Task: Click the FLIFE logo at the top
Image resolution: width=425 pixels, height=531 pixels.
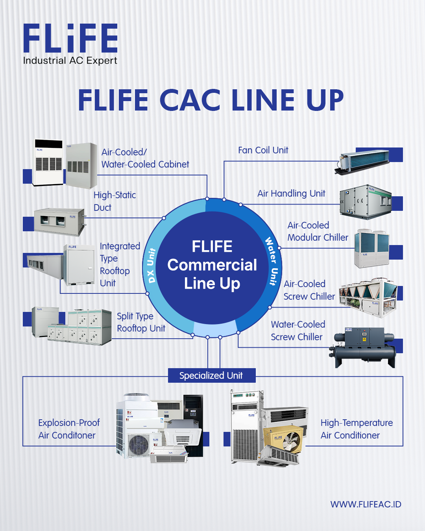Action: pos(70,38)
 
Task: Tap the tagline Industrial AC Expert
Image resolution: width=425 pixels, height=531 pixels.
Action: pos(70,61)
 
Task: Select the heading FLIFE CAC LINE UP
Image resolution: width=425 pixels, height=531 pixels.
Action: pos(211,100)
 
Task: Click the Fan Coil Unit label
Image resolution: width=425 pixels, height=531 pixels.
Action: pos(263,150)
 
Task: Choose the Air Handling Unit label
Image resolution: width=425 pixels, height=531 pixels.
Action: pos(291,194)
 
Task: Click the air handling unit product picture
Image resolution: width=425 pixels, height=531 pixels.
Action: pos(366,202)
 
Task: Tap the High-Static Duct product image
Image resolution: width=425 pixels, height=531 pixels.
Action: pos(60,222)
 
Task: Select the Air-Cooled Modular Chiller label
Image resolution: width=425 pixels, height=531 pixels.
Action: pos(318,231)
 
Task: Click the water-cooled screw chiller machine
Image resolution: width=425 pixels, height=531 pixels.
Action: pos(362,347)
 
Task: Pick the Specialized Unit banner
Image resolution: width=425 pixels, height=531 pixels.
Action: pos(212,376)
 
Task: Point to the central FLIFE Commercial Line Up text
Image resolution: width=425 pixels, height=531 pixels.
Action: pos(212,265)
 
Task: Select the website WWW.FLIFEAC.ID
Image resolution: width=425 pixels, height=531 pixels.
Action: pos(366,504)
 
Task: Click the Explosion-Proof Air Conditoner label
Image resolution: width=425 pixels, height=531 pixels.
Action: pos(69,429)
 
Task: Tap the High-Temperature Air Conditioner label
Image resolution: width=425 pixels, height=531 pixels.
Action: pos(357,429)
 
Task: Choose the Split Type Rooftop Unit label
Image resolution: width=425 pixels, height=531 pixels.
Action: pos(141,322)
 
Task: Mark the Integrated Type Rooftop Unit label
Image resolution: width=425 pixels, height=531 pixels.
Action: pos(120,264)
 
